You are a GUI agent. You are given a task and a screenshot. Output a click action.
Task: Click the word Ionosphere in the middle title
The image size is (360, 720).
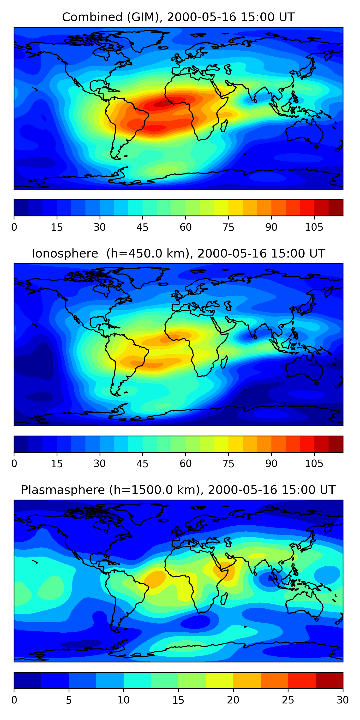[x=65, y=254]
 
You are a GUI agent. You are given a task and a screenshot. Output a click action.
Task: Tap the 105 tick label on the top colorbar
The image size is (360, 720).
[x=314, y=228]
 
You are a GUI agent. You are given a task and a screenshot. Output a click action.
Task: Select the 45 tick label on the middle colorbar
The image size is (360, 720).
[x=142, y=464]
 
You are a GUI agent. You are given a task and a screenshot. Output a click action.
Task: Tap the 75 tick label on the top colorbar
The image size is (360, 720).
[x=228, y=228]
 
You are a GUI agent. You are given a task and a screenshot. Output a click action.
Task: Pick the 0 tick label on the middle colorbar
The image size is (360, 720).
[x=14, y=464]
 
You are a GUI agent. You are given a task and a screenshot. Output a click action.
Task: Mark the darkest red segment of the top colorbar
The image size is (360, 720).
[x=336, y=208]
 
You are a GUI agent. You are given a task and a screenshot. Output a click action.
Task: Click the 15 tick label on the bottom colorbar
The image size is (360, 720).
[x=178, y=700]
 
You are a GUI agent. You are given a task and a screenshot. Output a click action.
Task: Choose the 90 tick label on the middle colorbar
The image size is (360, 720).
[x=271, y=464]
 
